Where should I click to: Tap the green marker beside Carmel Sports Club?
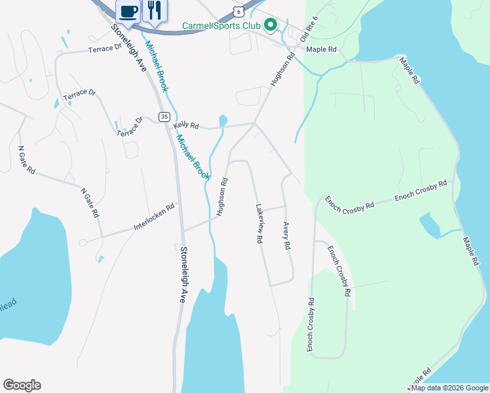pos(269,26)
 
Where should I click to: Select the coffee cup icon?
pos(128,10)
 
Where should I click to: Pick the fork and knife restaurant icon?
pos(155,10)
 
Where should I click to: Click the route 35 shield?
pos(163,116)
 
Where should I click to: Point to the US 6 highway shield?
pos(239,12)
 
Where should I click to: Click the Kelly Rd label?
pos(185,124)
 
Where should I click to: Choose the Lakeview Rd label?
pos(259,223)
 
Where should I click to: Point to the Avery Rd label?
pos(286,236)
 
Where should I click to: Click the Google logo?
pos(22,385)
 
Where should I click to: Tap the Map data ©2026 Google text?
pos(449,388)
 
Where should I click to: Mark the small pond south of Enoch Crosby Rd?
pos(430,226)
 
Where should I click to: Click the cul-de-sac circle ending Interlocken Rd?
pos(83,242)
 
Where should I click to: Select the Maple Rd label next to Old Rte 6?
pos(321,49)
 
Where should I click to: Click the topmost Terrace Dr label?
pos(105,48)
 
